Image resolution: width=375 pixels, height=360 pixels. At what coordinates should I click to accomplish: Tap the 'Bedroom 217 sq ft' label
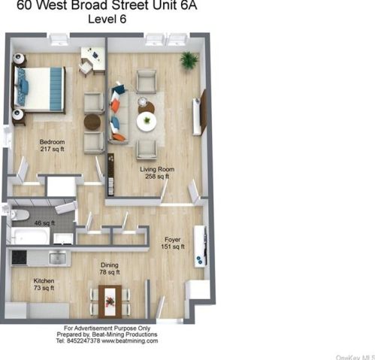pos(52,145)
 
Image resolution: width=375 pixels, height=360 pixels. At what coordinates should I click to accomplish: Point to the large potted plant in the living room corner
pos(188,59)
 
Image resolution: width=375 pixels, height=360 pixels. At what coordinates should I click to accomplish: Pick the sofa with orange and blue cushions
pos(118,114)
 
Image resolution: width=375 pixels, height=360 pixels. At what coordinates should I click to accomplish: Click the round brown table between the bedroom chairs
pos(92,121)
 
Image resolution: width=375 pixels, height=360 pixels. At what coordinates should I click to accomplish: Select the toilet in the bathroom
pos(15,216)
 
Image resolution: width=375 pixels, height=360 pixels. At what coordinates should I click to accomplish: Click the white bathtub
pos(30,237)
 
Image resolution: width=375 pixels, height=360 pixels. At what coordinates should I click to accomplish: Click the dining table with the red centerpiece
pos(110,302)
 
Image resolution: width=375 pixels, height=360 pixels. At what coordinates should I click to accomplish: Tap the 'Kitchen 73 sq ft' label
pos(43,284)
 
